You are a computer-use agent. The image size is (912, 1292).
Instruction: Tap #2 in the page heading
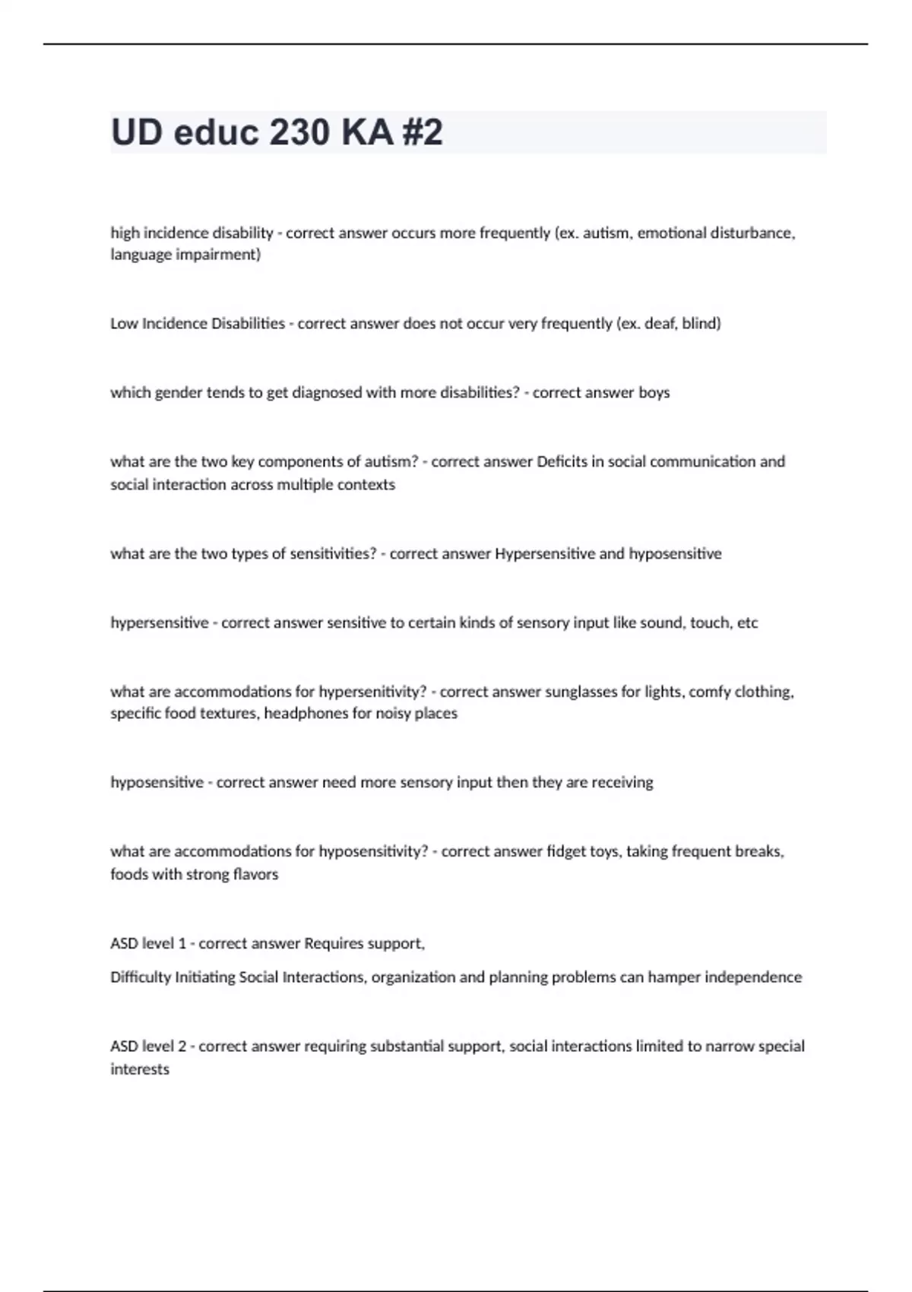coord(419,132)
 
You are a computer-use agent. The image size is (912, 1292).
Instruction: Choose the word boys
coord(654,392)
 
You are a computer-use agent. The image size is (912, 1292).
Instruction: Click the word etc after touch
coord(748,622)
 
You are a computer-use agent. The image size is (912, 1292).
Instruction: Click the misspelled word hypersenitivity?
coord(373,692)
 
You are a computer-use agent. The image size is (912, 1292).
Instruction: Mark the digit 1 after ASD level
coord(182,943)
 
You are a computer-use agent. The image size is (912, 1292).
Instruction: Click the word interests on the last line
coord(140,1069)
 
